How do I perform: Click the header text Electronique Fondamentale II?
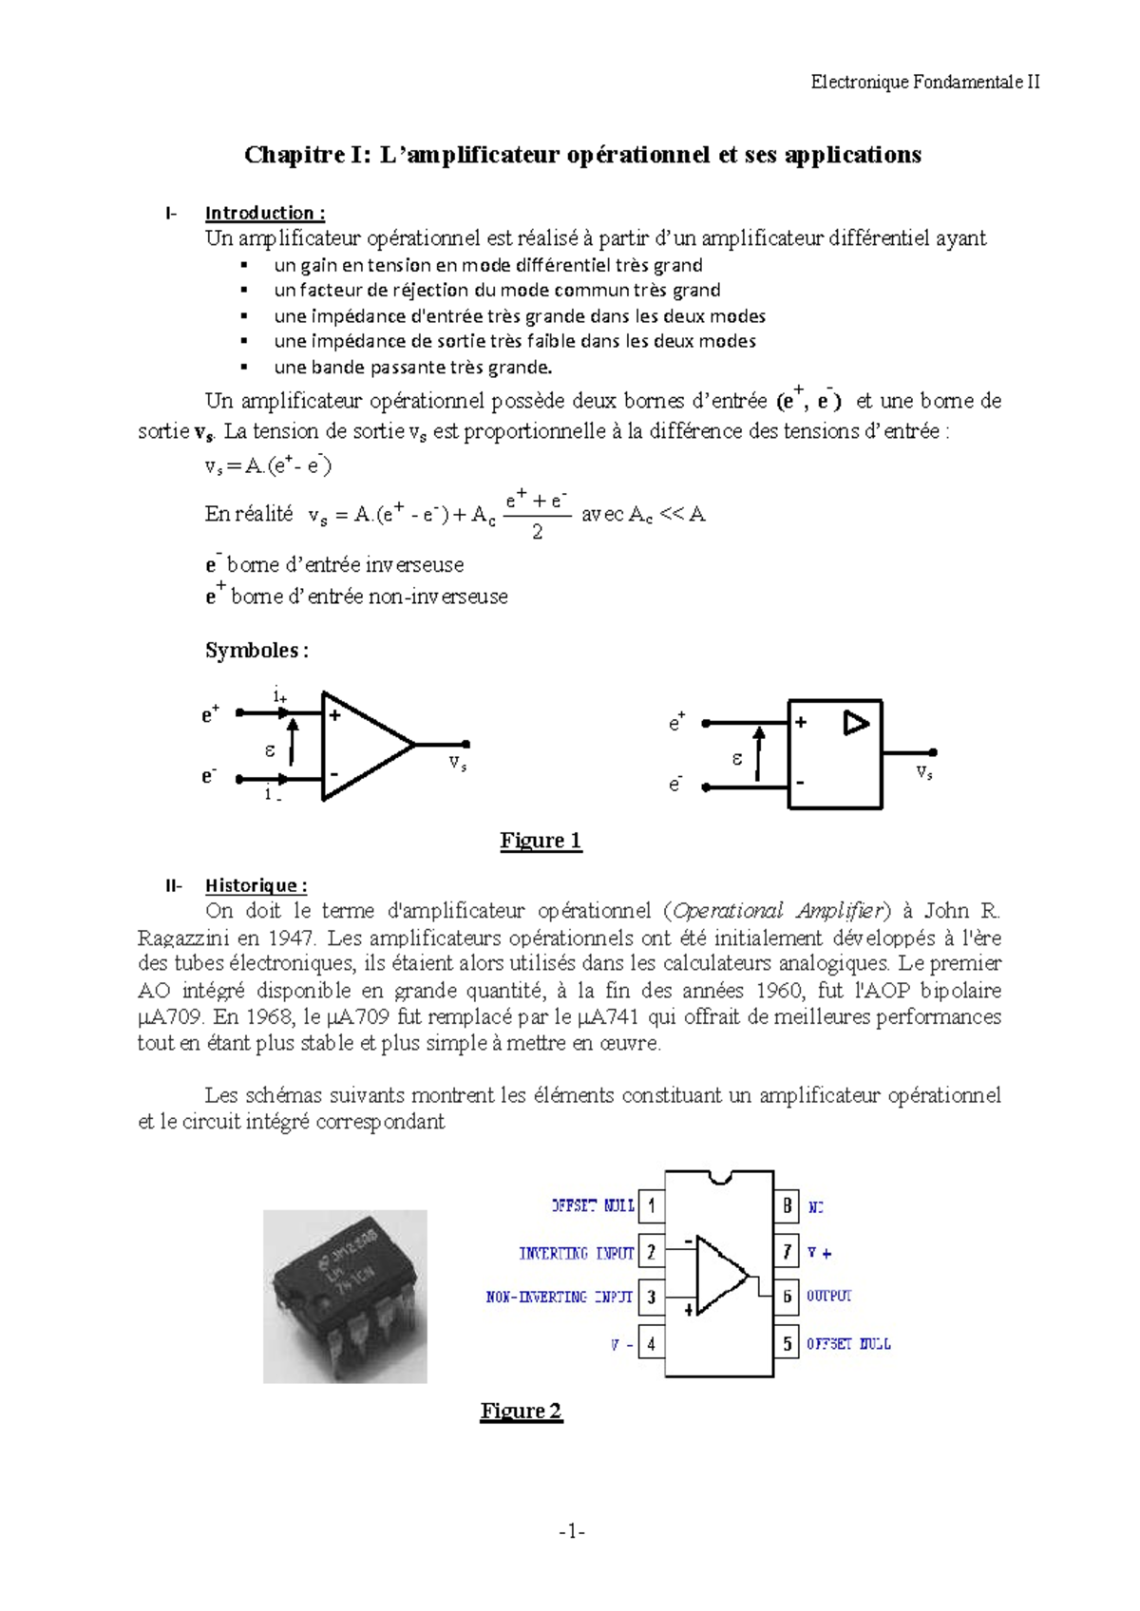coord(924,82)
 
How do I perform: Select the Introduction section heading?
coord(265,213)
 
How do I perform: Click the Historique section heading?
coord(256,885)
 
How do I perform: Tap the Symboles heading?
coord(256,651)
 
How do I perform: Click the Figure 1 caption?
coord(541,841)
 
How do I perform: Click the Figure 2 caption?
coord(521,1411)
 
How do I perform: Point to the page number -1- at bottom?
coord(572,1531)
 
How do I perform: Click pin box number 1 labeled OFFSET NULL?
coord(651,1206)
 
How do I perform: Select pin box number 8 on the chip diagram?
coord(787,1206)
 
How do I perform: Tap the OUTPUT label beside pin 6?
coord(829,1296)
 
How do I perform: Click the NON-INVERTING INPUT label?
coord(559,1297)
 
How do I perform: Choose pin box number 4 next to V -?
coord(651,1344)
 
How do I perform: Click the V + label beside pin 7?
coord(819,1253)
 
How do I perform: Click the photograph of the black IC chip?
coord(345,1296)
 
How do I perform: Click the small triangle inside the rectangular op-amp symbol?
coord(856,724)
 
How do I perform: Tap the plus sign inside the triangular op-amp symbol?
coord(334,716)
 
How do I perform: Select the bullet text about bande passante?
coord(412,367)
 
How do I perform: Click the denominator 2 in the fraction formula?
coord(538,532)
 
